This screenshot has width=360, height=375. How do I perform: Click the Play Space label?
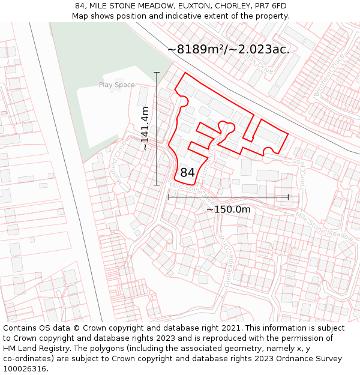(116, 85)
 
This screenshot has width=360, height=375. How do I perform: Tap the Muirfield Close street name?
(119, 162)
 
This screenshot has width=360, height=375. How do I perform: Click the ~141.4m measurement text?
(145, 128)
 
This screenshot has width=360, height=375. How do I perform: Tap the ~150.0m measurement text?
(228, 209)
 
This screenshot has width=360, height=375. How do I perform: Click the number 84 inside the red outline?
(187, 173)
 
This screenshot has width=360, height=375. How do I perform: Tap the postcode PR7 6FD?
(271, 6)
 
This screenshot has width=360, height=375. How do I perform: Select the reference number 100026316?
(25, 369)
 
